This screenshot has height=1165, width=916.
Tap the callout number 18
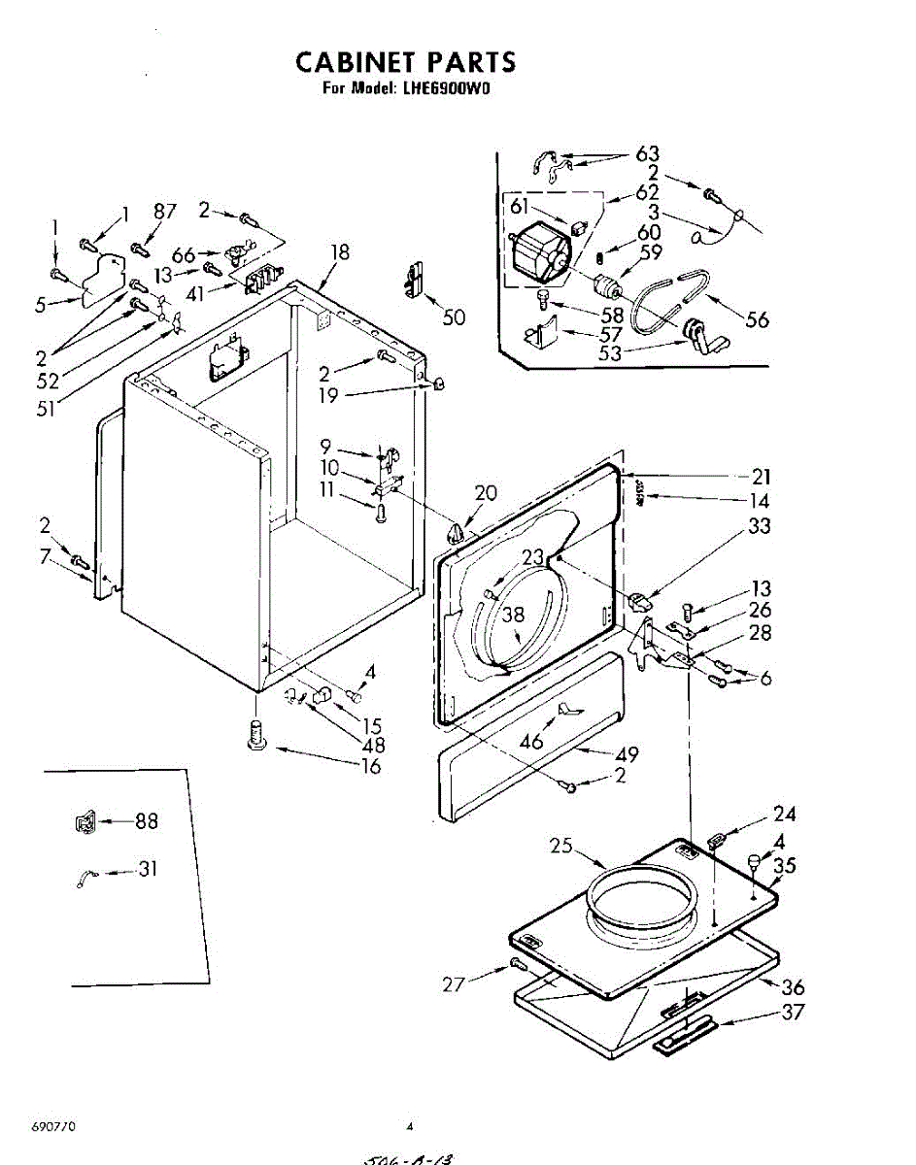(338, 252)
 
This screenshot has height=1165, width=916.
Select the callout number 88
(146, 821)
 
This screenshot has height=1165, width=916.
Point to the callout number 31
(147, 869)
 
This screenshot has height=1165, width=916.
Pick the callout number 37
(793, 1013)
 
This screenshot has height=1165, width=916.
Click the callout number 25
(560, 846)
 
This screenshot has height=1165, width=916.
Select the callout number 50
(453, 316)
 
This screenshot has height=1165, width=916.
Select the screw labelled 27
(517, 963)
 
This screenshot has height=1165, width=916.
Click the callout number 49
(627, 753)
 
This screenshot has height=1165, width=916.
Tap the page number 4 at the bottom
(410, 1128)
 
